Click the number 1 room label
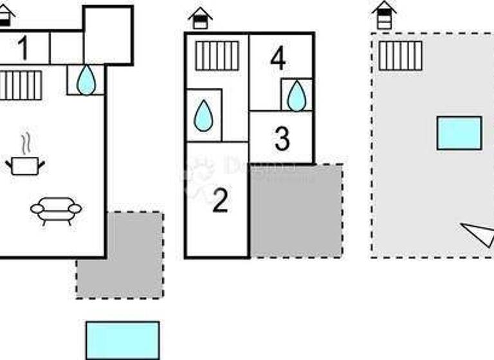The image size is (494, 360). coord(23,48)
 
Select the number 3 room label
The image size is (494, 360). coord(282,139)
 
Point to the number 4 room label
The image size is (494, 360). coord(278,59)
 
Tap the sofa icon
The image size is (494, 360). coord(56,210)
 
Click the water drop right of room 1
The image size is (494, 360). coord(86,80)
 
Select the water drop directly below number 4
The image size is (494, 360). coord(297,96)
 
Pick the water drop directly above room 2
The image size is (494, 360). coord(204,116)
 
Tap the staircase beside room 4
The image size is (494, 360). coord(217,56)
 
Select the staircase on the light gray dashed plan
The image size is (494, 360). coord(400,56)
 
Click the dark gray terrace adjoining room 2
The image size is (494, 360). coord(296,210)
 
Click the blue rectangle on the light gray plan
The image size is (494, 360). coord(459,133)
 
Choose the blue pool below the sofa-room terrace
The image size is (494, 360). coord(122,340)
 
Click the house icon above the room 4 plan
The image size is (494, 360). coord(201,18)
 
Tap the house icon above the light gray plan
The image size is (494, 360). coord(384,14)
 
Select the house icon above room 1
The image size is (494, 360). coord(5,15)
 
